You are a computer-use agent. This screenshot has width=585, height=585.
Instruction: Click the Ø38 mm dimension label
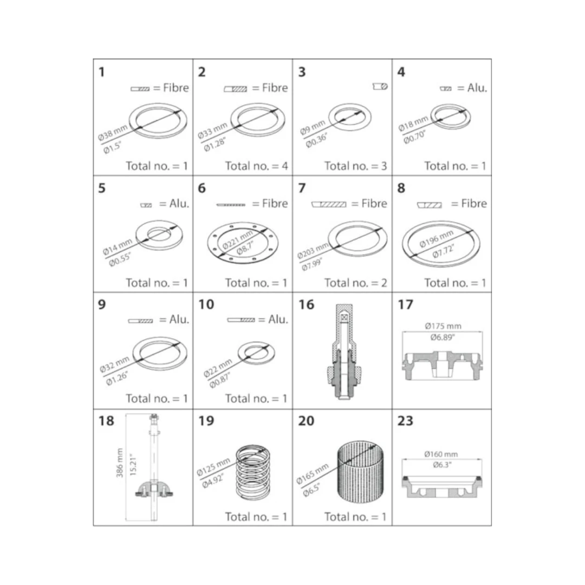113,133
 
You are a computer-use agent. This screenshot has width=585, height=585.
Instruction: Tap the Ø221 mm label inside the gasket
237,239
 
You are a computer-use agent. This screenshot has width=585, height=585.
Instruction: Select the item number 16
306,304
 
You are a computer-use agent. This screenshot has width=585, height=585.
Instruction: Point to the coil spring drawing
253,472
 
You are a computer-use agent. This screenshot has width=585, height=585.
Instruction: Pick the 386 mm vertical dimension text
119,463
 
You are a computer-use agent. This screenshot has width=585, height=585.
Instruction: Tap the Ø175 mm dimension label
443,326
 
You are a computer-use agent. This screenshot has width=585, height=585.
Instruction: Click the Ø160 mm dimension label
441,454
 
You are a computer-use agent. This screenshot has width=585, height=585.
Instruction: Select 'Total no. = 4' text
256,166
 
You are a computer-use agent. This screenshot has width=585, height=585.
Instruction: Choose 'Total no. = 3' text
355,166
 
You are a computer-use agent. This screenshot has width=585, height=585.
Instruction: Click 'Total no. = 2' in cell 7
355,283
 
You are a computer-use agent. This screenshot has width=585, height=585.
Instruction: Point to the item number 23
405,421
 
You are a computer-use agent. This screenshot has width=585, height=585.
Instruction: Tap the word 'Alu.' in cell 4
477,88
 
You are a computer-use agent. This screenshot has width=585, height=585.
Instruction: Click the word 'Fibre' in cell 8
474,203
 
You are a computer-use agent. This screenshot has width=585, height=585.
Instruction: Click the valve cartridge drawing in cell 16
344,352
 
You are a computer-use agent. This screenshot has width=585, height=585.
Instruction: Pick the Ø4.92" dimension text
213,482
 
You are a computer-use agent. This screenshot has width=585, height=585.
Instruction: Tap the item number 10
206,304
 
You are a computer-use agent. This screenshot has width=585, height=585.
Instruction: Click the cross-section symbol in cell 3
380,87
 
